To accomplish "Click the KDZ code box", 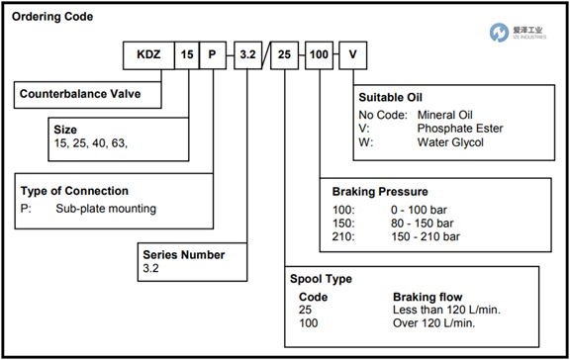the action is click(148, 55).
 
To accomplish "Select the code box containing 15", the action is click(187, 55).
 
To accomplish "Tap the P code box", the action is click(213, 55).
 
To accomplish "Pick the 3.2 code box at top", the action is click(248, 55).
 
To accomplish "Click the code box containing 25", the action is click(285, 55).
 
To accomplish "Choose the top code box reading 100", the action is click(319, 55).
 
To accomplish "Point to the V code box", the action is click(353, 55).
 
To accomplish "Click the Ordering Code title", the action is click(52, 17).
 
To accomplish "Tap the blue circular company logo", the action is click(499, 33).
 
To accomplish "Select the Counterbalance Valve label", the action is click(80, 94).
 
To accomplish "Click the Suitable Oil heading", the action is click(391, 97).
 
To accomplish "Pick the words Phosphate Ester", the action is click(460, 129).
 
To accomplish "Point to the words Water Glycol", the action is click(450, 142).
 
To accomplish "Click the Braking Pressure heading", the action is click(380, 192).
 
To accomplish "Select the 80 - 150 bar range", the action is click(422, 224).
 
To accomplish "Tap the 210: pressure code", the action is click(343, 236).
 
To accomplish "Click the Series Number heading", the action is click(184, 254).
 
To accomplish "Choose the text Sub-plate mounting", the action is click(106, 209).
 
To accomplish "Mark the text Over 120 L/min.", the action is click(434, 323).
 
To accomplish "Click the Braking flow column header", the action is click(427, 297).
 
